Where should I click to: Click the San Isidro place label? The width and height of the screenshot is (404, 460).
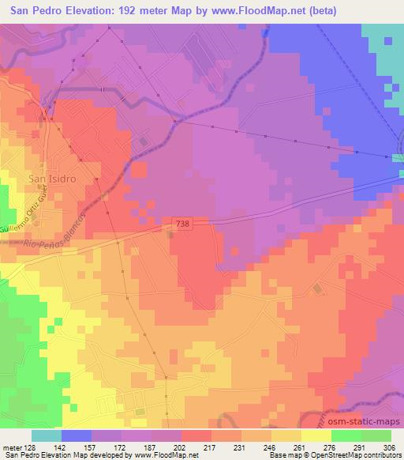tap(51, 179)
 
